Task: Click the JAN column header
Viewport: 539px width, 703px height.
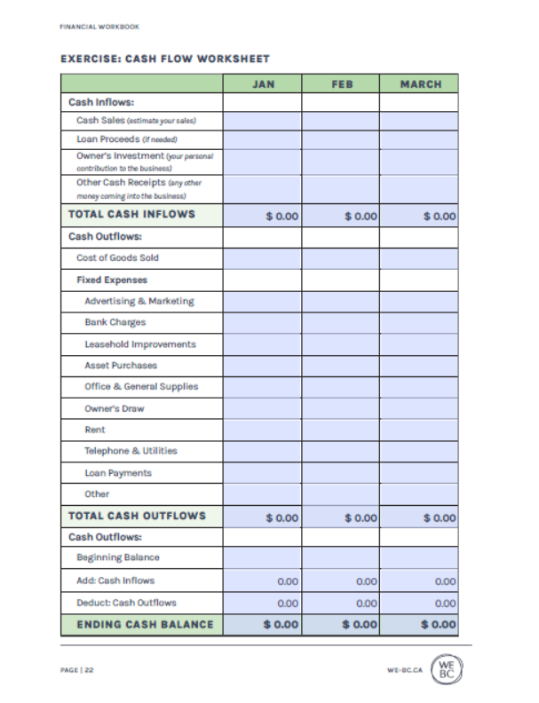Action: pos(262,84)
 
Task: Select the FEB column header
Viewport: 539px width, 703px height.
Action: pos(340,84)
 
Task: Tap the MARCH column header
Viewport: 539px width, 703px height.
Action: pos(419,84)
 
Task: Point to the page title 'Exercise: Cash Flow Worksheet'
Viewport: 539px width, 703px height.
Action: pos(165,59)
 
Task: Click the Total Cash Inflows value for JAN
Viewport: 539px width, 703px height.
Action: pos(281,216)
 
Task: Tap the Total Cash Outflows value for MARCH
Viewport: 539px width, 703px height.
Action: pos(439,517)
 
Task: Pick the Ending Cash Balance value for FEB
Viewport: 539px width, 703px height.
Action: pos(360,624)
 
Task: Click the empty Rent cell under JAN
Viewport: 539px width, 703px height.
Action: pos(262,430)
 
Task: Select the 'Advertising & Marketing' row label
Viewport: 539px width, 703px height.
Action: pos(139,301)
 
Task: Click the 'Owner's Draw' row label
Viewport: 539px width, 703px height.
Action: pos(114,408)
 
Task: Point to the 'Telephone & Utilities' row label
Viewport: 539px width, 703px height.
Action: pos(131,451)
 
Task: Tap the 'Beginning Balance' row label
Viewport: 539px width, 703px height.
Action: pos(117,557)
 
